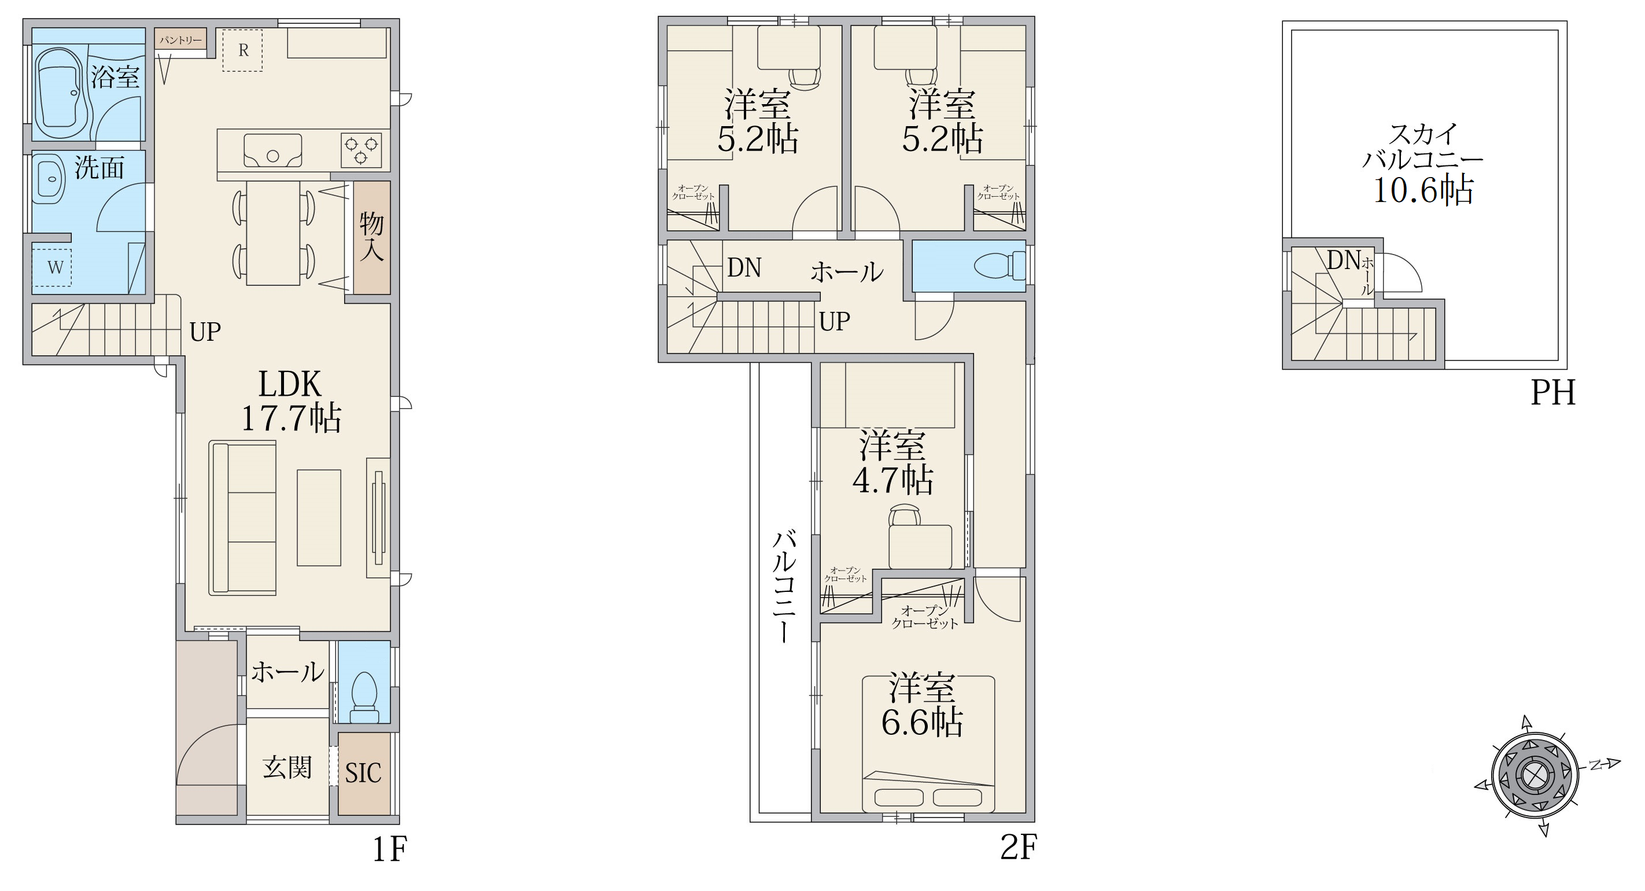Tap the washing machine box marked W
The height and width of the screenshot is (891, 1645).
[x=51, y=267]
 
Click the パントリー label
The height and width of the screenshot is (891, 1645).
[x=180, y=39]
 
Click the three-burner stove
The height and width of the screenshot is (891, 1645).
[x=362, y=149]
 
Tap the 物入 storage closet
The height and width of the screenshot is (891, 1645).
[x=372, y=238]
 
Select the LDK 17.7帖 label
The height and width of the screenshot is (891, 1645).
[x=290, y=401]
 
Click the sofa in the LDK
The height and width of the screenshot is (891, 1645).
[x=243, y=518]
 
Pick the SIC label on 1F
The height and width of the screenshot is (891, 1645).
[x=363, y=774]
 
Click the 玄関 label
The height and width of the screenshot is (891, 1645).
[x=287, y=768]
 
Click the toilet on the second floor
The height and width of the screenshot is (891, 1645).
[x=1001, y=265]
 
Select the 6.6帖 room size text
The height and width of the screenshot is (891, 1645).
[x=922, y=723]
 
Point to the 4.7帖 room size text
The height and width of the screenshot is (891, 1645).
[x=892, y=480]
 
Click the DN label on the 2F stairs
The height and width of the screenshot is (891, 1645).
[x=744, y=268]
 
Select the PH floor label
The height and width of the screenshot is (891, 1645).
[x=1553, y=392]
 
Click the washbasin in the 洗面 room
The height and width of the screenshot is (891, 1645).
[x=49, y=180]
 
